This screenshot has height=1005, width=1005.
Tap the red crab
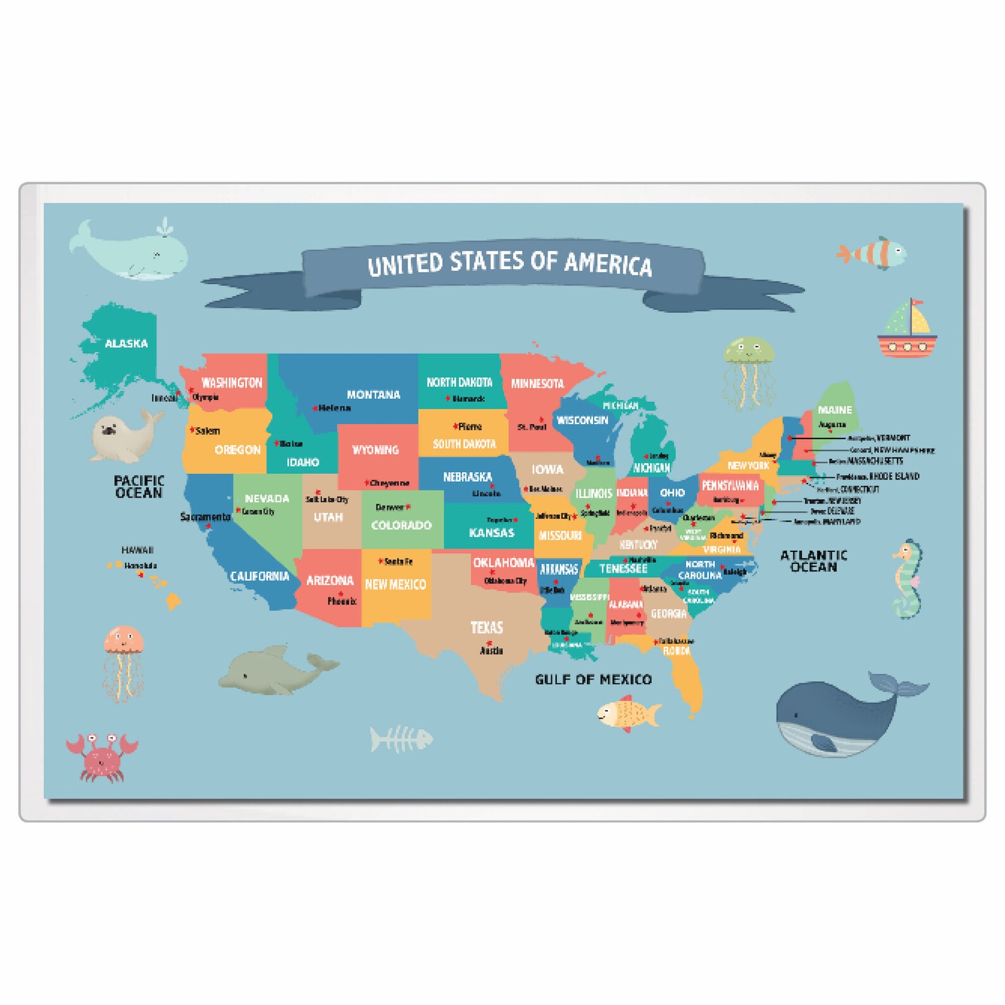pyautogui.click(x=101, y=756)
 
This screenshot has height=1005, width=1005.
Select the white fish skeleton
pyautogui.click(x=401, y=739)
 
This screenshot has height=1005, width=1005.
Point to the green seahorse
pyautogui.click(x=908, y=579)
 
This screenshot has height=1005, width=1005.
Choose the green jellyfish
pyautogui.click(x=749, y=370)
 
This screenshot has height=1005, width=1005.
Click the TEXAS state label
pyautogui.click(x=486, y=628)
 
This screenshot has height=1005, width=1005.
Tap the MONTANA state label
pyautogui.click(x=373, y=395)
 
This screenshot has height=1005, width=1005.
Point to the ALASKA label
pyautogui.click(x=126, y=344)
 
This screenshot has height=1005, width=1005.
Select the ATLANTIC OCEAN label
pyautogui.click(x=813, y=561)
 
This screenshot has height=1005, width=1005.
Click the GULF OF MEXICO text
pyautogui.click(x=593, y=680)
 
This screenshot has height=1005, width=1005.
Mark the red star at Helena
pyautogui.click(x=315, y=409)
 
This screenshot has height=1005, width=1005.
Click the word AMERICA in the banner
pyautogui.click(x=608, y=264)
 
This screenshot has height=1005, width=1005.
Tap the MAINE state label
pyautogui.click(x=835, y=410)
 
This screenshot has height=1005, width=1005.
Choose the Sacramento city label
pyautogui.click(x=205, y=517)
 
